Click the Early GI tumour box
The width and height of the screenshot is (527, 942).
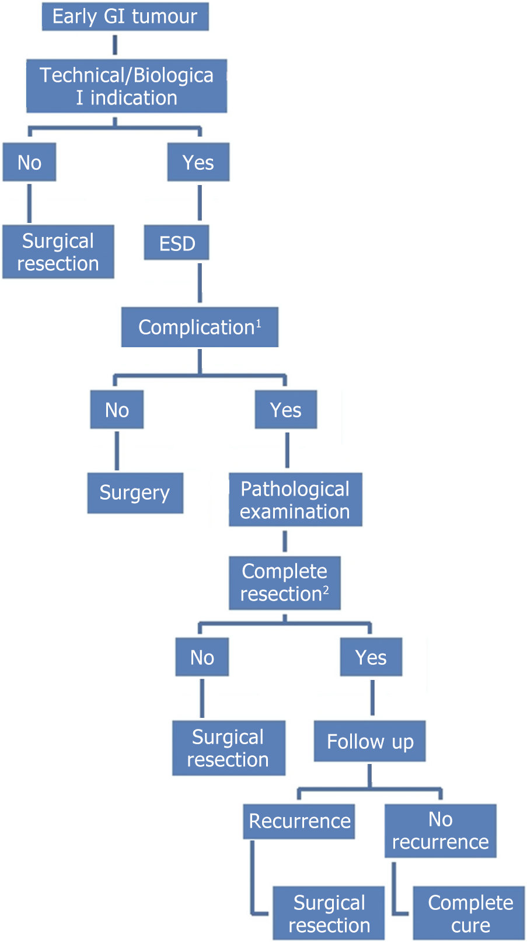pyautogui.click(x=125, y=16)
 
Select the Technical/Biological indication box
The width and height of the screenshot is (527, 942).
pyautogui.click(x=127, y=86)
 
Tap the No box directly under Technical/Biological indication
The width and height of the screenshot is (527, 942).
pyautogui.click(x=29, y=162)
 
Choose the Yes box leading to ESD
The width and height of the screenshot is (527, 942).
pyautogui.click(x=198, y=162)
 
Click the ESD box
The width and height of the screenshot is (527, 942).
pyautogui.click(x=177, y=243)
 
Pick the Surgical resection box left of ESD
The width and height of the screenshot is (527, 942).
pyautogui.click(x=58, y=252)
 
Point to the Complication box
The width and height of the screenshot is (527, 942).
pyautogui.click(x=200, y=327)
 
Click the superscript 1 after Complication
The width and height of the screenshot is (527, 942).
pyautogui.click(x=259, y=323)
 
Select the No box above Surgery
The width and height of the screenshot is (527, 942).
pyautogui.click(x=117, y=410)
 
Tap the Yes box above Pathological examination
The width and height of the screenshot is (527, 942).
pyautogui.click(x=286, y=410)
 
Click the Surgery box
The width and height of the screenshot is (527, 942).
pyautogui.click(x=135, y=493)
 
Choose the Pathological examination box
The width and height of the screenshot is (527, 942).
pyautogui.click(x=295, y=500)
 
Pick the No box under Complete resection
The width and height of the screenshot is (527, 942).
pyautogui.click(x=203, y=657)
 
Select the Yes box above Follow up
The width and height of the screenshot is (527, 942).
pyautogui.click(x=371, y=657)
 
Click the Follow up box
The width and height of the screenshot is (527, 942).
pyautogui.click(x=369, y=741)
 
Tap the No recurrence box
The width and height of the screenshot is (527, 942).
pyautogui.click(x=441, y=831)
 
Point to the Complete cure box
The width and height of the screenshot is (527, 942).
pyautogui.click(x=469, y=913)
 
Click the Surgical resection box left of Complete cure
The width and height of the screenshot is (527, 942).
pyautogui.click(x=329, y=913)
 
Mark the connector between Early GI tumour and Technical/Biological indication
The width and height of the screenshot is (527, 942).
pyautogui.click(x=115, y=45)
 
